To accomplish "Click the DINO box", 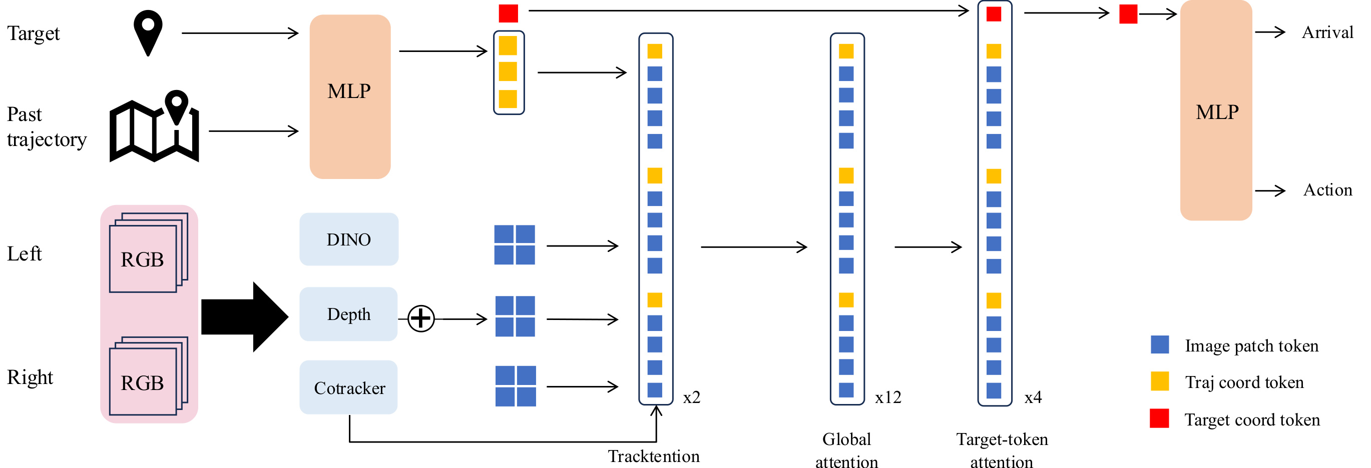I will (348, 239).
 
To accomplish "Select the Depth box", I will (348, 314).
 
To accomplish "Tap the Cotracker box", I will (348, 387).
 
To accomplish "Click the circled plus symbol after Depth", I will (421, 318).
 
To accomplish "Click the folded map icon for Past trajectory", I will (154, 127).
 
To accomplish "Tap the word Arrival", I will (1327, 32).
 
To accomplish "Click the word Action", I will (1327, 190).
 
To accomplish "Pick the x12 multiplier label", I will (888, 397).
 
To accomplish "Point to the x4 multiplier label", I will (1033, 397).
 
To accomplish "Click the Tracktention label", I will (654, 456).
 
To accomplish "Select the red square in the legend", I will (1159, 418).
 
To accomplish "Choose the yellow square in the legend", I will (1159, 381).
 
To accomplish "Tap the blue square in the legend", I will (1159, 344).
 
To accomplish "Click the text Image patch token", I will (1251, 345).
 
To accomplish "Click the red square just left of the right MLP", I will (1128, 14).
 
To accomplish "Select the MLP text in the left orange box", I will (348, 91).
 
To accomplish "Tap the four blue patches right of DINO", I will (514, 244).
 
